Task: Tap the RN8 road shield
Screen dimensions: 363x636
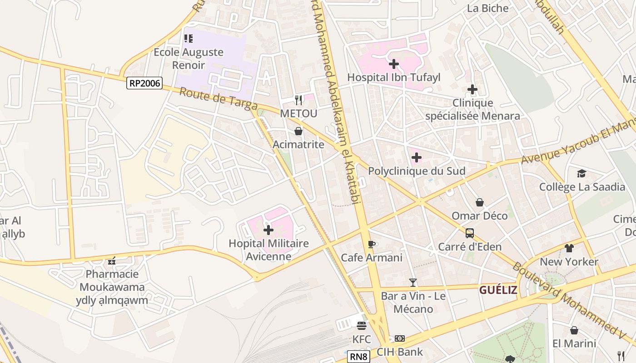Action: coord(358,357)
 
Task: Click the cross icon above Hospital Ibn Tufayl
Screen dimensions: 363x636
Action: coord(394,64)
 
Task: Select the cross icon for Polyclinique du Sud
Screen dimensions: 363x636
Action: coord(416,158)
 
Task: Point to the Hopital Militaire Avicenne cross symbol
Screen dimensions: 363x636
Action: coord(268,230)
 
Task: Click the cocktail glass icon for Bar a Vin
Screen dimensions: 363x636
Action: coord(412,283)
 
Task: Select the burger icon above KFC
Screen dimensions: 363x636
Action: coord(362,326)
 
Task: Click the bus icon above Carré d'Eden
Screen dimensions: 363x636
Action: coord(470,233)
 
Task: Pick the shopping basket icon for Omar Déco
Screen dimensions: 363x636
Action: coord(479,202)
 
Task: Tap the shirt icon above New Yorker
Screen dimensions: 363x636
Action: coord(569,248)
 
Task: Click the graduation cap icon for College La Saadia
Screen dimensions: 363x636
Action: coord(581,173)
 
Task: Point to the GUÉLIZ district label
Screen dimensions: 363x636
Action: coord(498,290)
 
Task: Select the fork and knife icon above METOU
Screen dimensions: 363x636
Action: coord(298,99)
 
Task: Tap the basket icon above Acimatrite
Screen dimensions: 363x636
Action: coord(298,131)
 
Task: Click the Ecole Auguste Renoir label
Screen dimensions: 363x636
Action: coord(188,59)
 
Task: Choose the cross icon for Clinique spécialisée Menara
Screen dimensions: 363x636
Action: coord(472,89)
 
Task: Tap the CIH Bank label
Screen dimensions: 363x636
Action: coord(400,352)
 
